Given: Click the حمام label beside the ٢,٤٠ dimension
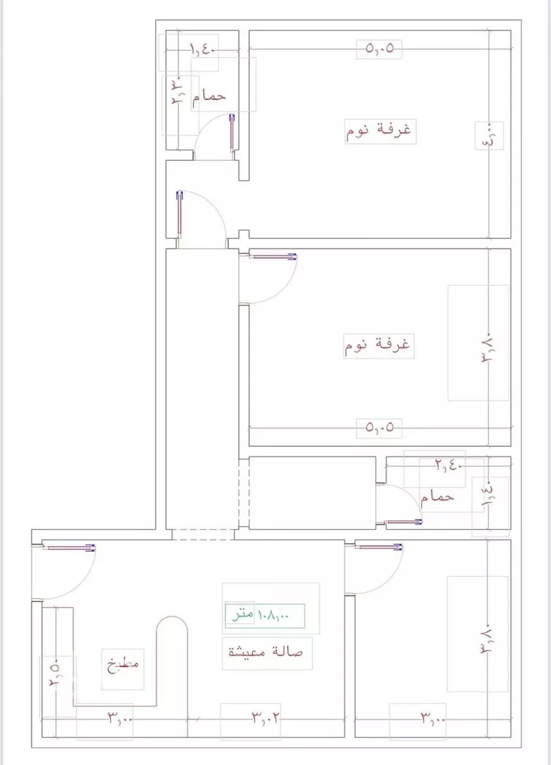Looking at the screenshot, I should point(438,498).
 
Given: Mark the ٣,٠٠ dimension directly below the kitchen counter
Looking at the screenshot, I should point(119,716).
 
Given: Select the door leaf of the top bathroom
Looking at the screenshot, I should point(232,134).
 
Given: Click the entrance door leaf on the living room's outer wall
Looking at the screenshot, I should point(69,547).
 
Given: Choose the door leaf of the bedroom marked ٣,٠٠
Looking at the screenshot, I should point(379,547).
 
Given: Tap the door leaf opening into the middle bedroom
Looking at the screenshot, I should point(273,256).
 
